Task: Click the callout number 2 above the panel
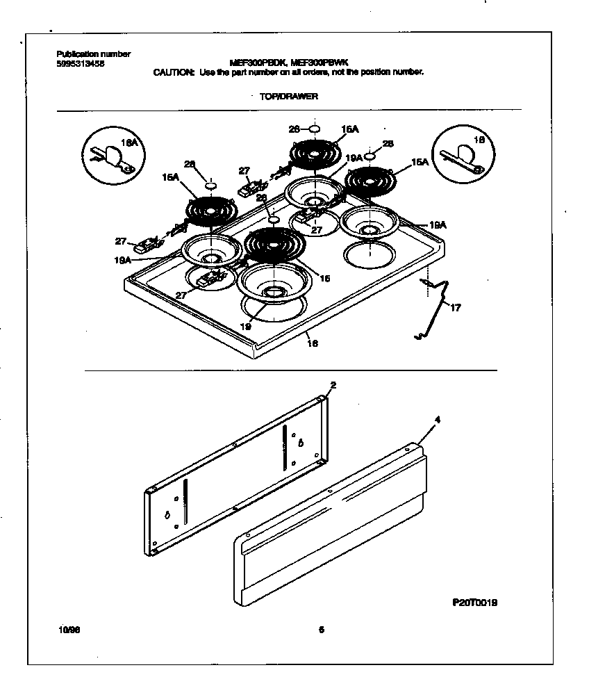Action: pyautogui.click(x=333, y=384)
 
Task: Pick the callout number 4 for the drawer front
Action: pyautogui.click(x=436, y=420)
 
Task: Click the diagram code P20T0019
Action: pyautogui.click(x=475, y=603)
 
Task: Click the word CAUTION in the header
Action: pyautogui.click(x=174, y=72)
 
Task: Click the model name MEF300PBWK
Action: pyautogui.click(x=330, y=62)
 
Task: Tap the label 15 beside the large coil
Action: pyautogui.click(x=324, y=277)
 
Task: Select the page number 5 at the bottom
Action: pyautogui.click(x=321, y=630)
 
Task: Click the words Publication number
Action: pyautogui.click(x=93, y=54)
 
